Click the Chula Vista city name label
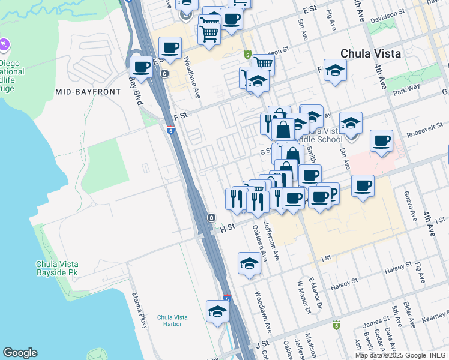point(370,53)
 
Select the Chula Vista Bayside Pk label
point(57,268)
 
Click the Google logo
point(20,353)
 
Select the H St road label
point(226,228)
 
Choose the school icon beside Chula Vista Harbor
point(217,311)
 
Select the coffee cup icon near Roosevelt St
point(381,141)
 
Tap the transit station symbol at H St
point(211,217)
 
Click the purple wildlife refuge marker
point(5,44)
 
